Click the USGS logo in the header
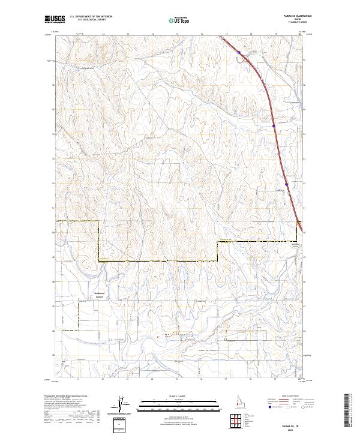pyautogui.click(x=55, y=19)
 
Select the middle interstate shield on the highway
pyautogui.click(x=274, y=126)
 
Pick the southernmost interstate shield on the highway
pyautogui.click(x=287, y=185)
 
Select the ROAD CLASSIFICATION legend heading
pyautogui.click(x=289, y=397)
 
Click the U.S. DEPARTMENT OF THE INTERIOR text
pyautogui.click(x=91, y=16)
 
